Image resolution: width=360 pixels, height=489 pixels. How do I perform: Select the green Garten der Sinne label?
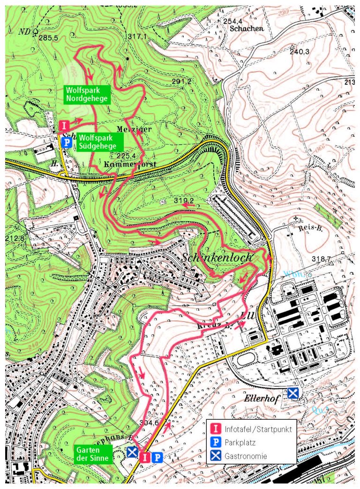(92, 453)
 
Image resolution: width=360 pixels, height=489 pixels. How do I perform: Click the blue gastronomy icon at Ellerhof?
(293, 393)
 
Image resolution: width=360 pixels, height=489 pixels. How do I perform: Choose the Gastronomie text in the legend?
(246, 455)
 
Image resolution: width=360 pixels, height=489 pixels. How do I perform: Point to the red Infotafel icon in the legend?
(216, 429)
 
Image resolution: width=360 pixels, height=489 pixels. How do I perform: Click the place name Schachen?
(247, 28)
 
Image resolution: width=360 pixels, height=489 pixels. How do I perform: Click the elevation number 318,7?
(322, 259)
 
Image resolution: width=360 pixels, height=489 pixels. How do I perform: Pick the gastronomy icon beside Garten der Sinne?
(133, 452)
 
